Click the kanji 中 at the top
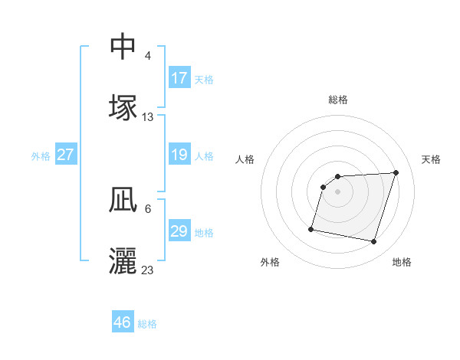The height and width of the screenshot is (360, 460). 123,47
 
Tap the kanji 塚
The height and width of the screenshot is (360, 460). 123,107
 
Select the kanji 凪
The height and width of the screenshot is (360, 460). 123,201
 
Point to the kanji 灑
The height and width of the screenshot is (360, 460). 123,260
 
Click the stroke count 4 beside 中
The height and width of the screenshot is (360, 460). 148,56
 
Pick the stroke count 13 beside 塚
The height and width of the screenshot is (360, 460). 148,117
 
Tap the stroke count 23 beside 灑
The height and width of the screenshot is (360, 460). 148,270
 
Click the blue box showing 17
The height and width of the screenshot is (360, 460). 179,78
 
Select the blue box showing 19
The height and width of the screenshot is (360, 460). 179,155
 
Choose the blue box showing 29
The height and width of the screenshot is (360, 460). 179,231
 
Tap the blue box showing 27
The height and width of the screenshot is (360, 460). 66,155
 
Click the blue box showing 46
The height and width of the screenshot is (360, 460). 123,322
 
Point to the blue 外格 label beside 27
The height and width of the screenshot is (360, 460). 41,156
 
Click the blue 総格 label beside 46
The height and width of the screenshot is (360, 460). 147,324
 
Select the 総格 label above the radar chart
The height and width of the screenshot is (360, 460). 338,100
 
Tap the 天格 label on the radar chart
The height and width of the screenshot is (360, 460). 431,159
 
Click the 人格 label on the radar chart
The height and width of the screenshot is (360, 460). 245,159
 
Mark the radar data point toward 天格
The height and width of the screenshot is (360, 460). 396,172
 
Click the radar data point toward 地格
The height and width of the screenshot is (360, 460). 373,242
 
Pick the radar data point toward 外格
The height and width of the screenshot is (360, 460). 311,228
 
